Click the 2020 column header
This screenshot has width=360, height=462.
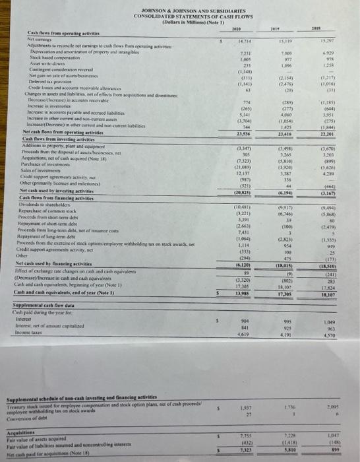(x=235, y=28)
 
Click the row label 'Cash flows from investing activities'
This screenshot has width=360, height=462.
(x=45, y=138)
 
